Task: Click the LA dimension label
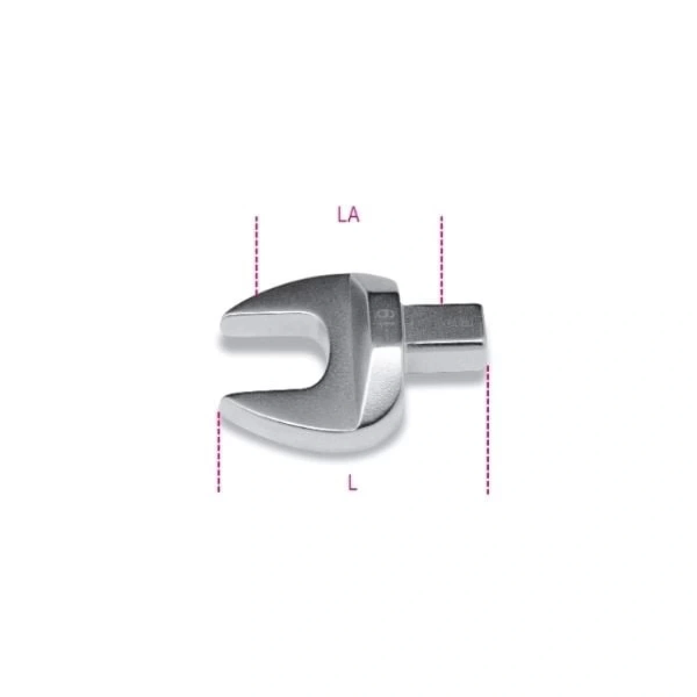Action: (x=348, y=215)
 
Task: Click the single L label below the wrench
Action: (x=353, y=482)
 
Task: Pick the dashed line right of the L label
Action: (x=487, y=430)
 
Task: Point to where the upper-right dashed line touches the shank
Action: (x=441, y=303)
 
